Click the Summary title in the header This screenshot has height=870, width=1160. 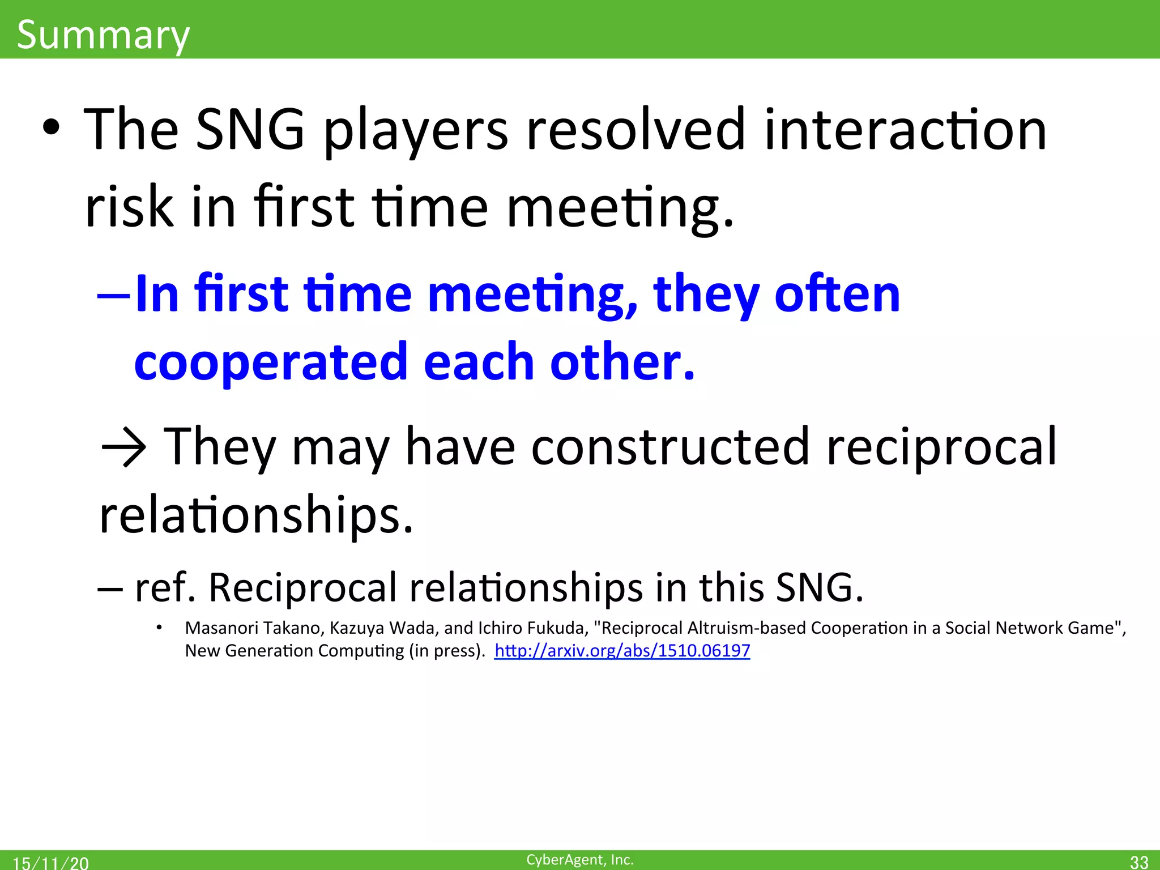click(103, 35)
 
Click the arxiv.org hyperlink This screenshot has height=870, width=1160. click(622, 650)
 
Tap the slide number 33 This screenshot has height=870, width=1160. click(1138, 862)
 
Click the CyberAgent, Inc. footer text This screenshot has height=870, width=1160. click(579, 859)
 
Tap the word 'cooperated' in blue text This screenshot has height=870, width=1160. click(271, 362)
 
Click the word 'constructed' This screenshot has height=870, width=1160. click(670, 447)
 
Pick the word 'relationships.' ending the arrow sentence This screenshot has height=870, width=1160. click(256, 515)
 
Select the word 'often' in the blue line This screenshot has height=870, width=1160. click(837, 295)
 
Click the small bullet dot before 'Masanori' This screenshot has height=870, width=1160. click(160, 628)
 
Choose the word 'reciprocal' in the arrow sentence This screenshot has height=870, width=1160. click(941, 447)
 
